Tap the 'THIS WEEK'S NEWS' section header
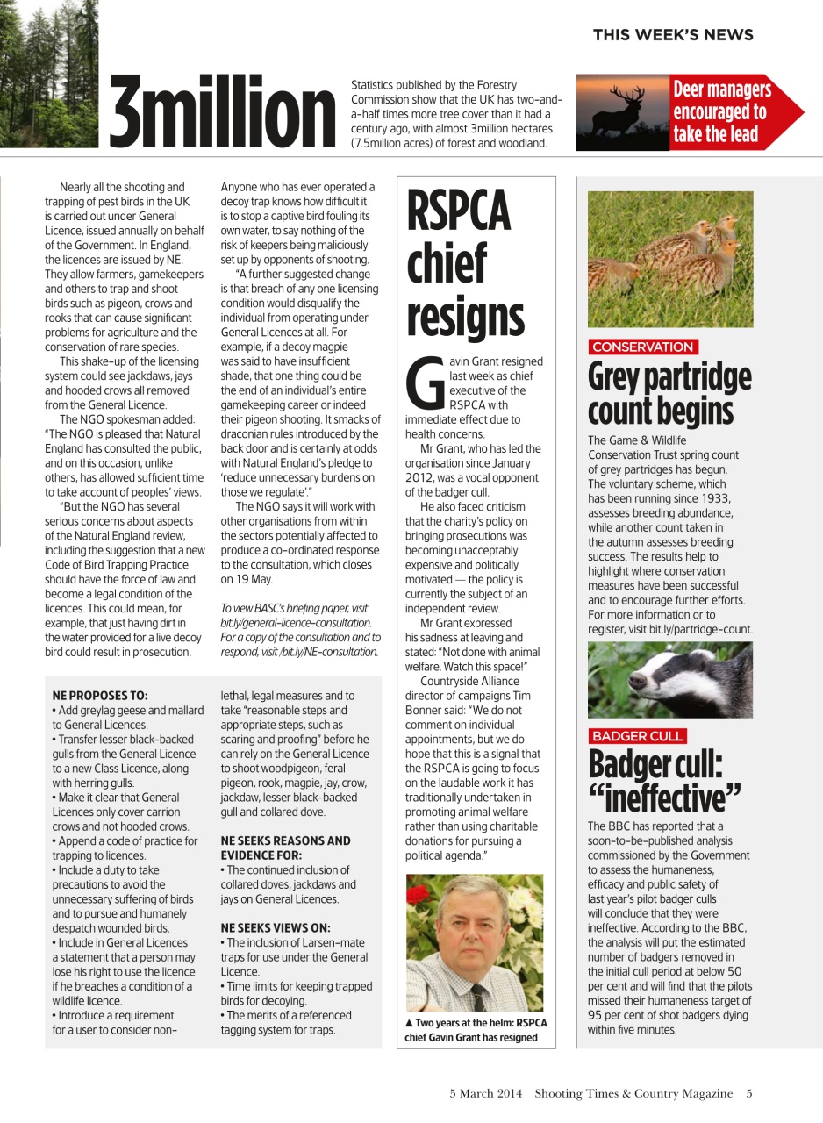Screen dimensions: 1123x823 [x=672, y=35]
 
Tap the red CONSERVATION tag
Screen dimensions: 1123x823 [x=642, y=347]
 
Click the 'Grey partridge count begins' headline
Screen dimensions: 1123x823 [x=669, y=393]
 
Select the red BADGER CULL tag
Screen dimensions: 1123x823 [x=637, y=736]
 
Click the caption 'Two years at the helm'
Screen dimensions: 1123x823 [x=476, y=1030]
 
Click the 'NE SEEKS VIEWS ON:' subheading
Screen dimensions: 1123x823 [x=276, y=927]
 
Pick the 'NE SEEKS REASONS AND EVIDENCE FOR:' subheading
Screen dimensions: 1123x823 [x=285, y=848]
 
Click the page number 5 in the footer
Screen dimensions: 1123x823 [x=748, y=1093]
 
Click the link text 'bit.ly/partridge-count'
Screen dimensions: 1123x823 [x=700, y=630]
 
